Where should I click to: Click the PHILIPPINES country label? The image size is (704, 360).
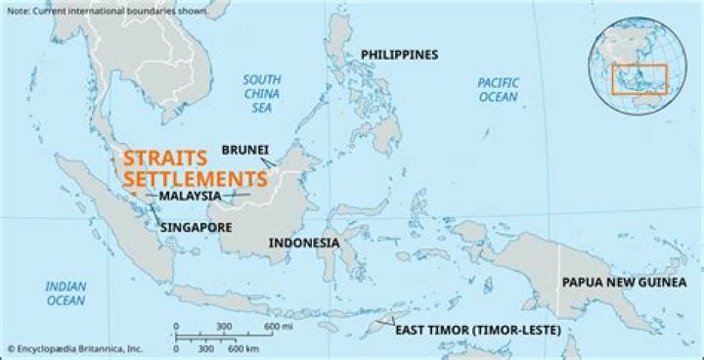[x=399, y=55]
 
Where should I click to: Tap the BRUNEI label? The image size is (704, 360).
[x=245, y=150]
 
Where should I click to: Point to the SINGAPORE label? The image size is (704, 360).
[x=196, y=227]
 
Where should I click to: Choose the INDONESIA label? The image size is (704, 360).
[x=304, y=243]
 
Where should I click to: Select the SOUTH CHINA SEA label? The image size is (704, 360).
[x=262, y=94]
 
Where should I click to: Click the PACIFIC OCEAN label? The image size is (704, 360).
[x=498, y=90]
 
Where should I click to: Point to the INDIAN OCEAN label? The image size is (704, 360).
[x=66, y=293]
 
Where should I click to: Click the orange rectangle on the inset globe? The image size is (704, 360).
[x=638, y=78]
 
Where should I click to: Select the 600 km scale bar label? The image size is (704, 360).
[x=244, y=348]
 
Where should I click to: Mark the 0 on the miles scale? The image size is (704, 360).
[x=176, y=326]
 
